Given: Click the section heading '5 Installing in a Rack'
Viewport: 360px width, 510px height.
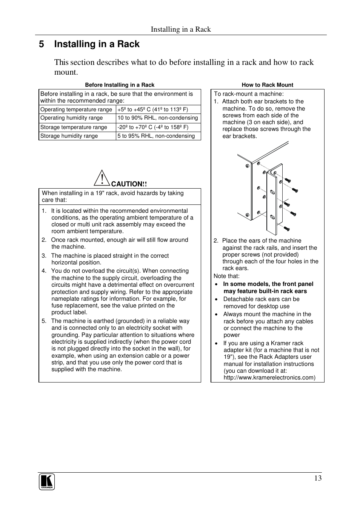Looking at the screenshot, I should point(89,44).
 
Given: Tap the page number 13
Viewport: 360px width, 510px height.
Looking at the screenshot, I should point(317,478).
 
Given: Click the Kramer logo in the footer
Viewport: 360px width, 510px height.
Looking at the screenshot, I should point(47,482).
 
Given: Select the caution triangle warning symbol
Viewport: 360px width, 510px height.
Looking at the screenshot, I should point(101,178).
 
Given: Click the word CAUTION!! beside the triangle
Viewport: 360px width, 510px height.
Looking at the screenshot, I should point(129,184).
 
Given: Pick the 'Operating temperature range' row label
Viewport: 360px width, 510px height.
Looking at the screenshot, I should point(76,109).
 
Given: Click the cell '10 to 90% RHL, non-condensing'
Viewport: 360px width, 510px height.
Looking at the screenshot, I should point(157,118).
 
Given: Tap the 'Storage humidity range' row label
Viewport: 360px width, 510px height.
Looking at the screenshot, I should point(69,136).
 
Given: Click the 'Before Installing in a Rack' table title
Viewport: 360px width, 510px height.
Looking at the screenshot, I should point(120,85).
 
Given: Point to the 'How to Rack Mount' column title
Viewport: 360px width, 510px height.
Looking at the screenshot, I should point(267,85).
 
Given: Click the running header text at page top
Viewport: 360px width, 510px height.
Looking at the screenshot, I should point(181,29).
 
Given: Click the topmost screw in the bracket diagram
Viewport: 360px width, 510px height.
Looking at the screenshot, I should point(288,180).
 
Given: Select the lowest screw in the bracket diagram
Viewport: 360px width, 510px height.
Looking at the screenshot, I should point(286,228).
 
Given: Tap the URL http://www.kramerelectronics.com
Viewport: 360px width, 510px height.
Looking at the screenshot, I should point(269,378).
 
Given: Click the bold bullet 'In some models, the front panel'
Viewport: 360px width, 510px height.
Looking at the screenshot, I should point(268,284).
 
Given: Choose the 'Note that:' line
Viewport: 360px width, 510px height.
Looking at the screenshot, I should point(226,276).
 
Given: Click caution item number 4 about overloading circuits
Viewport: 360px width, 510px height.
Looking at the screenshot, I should point(120,271).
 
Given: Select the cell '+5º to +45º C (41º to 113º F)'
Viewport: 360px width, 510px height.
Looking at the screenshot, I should point(152,109).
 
